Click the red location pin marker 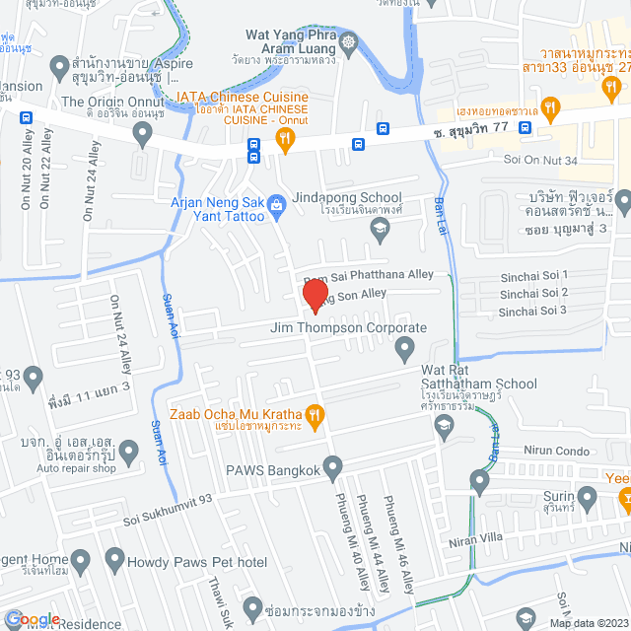pos(315,294)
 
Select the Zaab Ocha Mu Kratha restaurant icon pos(315,415)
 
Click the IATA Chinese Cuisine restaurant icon pos(286,141)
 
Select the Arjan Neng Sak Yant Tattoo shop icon pos(278,204)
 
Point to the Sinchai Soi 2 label pos(533,293)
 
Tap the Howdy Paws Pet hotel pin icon pos(114,563)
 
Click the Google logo pos(33,618)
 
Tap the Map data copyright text pos(589,622)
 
